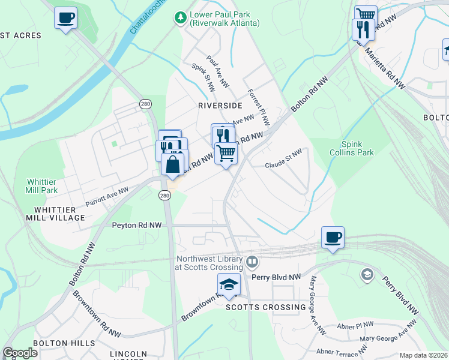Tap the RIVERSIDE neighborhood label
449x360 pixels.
pos(220,105)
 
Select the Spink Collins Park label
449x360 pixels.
pos(358,148)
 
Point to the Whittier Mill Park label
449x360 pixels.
pos(42,186)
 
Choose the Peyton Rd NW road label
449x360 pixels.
pos(137,225)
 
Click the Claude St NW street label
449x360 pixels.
pos(283,160)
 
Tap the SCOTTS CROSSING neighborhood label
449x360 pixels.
pos(265,307)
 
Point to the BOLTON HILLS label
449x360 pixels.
pos(64,343)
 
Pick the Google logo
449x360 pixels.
pos(20,353)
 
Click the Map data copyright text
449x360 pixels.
pos(423,355)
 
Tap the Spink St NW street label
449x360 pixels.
pos(203,78)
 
